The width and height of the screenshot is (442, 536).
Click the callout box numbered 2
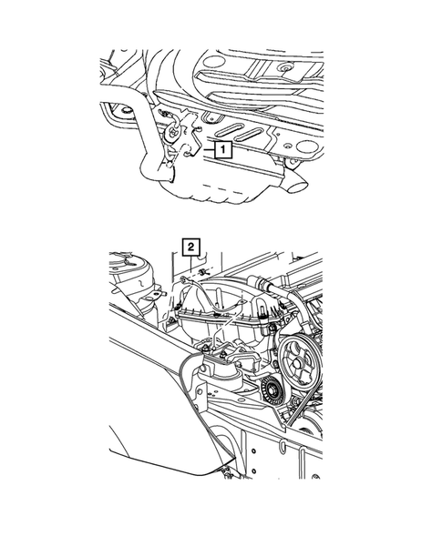pyautogui.click(x=190, y=245)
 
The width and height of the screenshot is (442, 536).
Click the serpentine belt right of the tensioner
pyautogui.click(x=293, y=400)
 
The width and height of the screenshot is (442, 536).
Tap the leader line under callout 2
pyautogui.click(x=190, y=261)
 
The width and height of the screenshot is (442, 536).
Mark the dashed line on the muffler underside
pyautogui.click(x=223, y=194)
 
